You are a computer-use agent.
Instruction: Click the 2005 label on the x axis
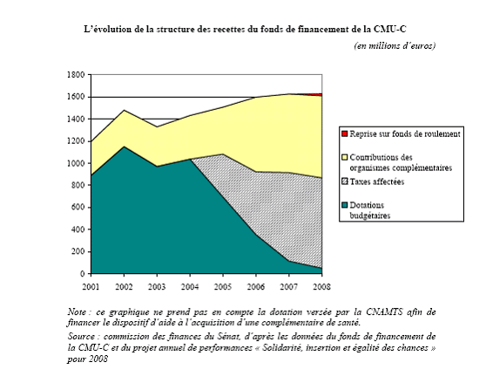(223, 286)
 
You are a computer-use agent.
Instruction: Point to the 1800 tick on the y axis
(76, 75)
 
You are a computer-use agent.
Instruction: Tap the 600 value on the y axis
(78, 208)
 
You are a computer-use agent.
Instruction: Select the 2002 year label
(124, 286)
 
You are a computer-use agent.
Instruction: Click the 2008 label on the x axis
(321, 286)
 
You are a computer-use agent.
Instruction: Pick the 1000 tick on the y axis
(76, 163)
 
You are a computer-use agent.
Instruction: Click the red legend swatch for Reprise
(344, 133)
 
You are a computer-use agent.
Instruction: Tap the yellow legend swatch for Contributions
(344, 157)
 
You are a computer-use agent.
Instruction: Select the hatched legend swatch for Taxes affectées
(344, 181)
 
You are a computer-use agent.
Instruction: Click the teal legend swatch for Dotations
(344, 205)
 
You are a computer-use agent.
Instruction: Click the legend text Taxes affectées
(377, 181)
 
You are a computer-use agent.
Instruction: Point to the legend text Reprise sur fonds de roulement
(405, 133)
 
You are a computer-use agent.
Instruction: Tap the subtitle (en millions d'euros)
(395, 45)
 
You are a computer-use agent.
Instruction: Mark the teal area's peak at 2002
(124, 147)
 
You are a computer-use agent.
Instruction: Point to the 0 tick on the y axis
(82, 274)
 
